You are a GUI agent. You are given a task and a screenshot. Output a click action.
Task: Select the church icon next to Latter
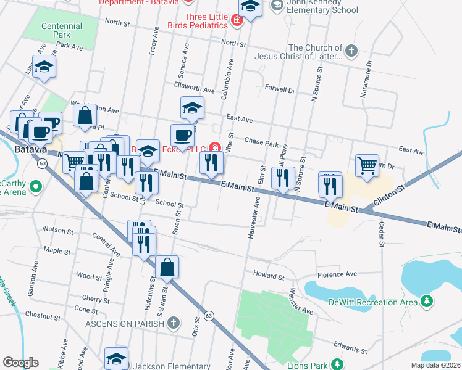pyautogui.click(x=351, y=51)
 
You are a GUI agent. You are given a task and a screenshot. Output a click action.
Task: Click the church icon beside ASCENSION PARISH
pyautogui.click(x=174, y=323)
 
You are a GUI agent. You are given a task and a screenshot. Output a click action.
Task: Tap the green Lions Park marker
pyautogui.click(x=337, y=364)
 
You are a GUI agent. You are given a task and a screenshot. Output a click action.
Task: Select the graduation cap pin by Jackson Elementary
pyautogui.click(x=116, y=358)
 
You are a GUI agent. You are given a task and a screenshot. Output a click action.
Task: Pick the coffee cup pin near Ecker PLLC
pyautogui.click(x=182, y=136)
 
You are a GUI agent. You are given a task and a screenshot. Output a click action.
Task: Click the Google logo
pyautogui.click(x=20, y=363)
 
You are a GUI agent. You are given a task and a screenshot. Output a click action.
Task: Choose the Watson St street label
pyautogui.click(x=58, y=230)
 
